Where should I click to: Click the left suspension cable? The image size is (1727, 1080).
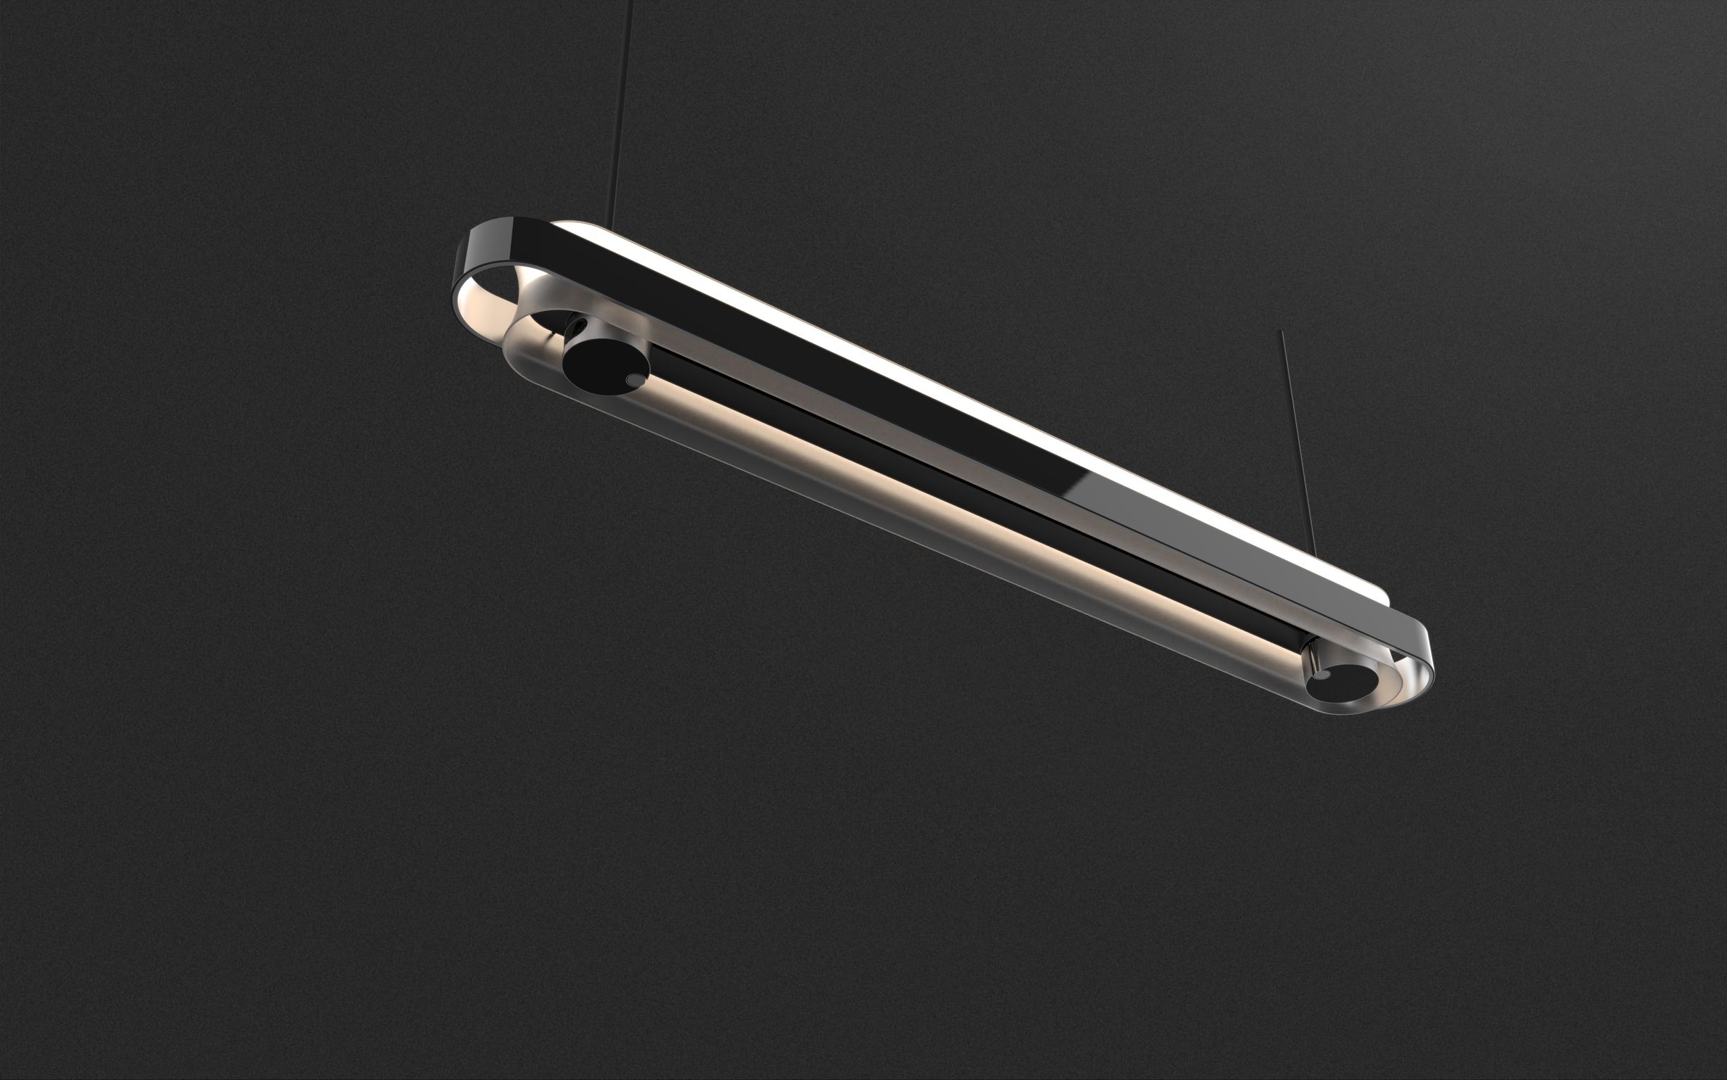[x=621, y=107]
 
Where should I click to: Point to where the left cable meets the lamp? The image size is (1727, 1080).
[x=611, y=224]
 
